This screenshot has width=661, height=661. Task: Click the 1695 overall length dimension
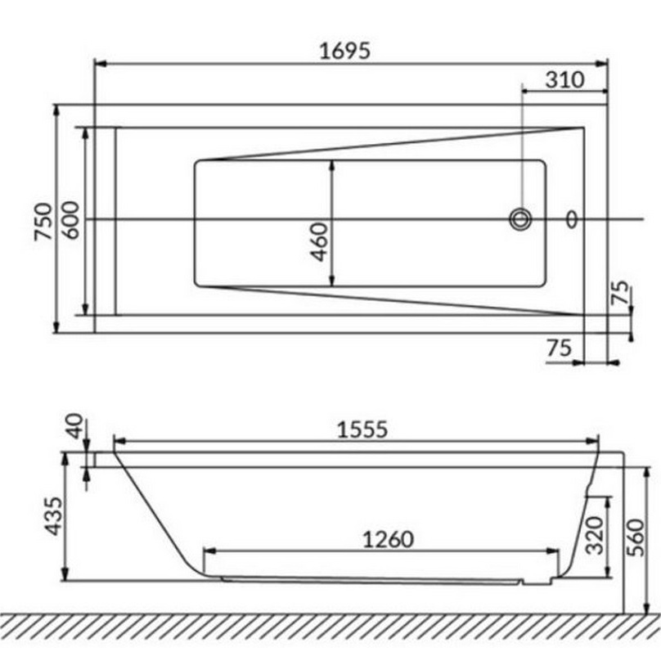click(345, 51)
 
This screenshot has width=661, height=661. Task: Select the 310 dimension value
click(565, 79)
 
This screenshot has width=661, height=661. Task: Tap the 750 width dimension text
click(44, 222)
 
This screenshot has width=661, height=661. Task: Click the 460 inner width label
click(319, 242)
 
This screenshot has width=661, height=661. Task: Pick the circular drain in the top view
click(520, 219)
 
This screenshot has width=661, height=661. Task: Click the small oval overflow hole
click(572, 219)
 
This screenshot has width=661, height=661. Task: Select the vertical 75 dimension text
click(620, 292)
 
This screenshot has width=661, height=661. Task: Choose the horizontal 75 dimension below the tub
click(560, 348)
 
